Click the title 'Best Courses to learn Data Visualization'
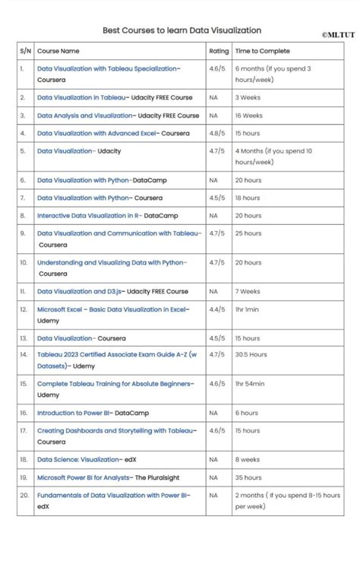(182, 30)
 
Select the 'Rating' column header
(218, 51)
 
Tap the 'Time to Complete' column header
(262, 51)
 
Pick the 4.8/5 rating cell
(216, 133)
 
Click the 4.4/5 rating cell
(216, 309)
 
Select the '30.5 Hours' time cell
(251, 354)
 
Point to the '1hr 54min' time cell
(250, 384)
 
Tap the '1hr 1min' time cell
(247, 309)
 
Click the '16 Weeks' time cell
(248, 116)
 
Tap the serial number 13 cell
(24, 338)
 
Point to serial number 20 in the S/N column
(24, 495)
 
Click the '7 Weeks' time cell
(248, 291)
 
